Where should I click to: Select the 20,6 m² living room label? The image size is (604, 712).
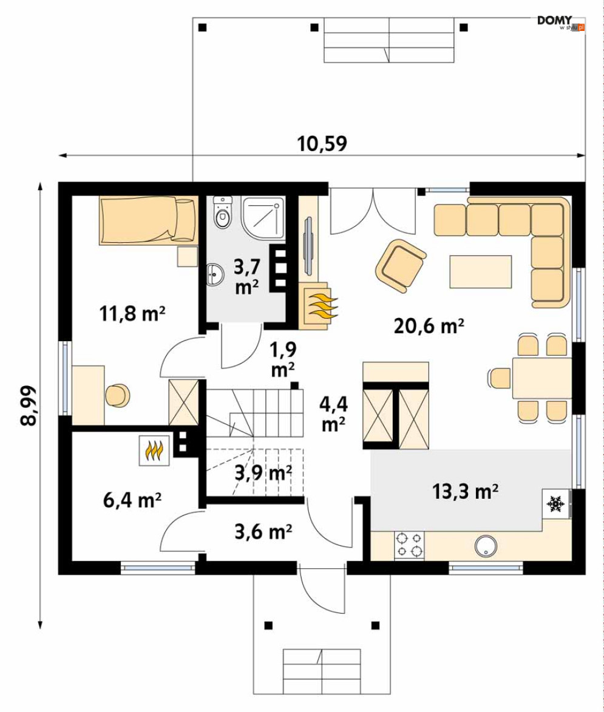click(x=429, y=326)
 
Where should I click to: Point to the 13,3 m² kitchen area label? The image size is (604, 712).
click(x=466, y=490)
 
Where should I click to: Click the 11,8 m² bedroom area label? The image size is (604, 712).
click(x=132, y=313)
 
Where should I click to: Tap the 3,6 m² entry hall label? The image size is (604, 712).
click(x=263, y=532)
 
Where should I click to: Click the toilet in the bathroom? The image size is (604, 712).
click(x=223, y=214)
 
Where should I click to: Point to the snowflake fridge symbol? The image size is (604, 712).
click(x=554, y=503)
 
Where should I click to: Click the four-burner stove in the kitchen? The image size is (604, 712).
click(x=409, y=544)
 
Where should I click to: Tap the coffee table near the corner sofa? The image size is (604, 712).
click(x=480, y=271)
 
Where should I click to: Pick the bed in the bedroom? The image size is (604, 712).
click(x=149, y=220)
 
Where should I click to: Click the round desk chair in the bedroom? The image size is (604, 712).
click(x=118, y=396)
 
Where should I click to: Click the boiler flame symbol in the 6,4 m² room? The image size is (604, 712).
click(x=155, y=452)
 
